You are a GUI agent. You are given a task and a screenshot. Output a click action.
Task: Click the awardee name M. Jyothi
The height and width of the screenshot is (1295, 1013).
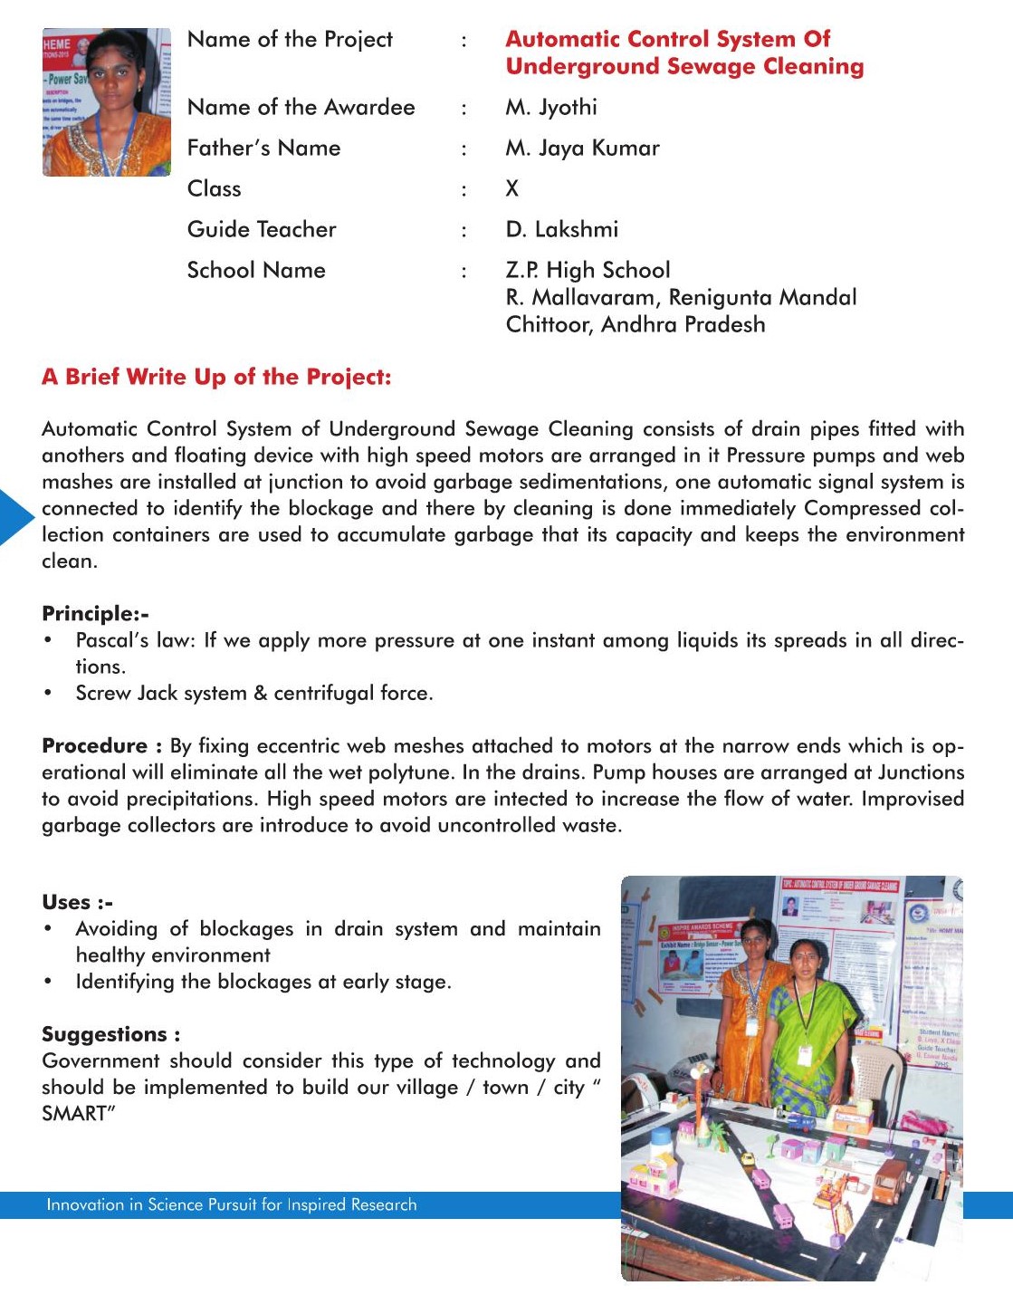click(551, 108)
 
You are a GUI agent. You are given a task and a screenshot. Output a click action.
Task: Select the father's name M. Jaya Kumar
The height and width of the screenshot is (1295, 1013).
click(582, 149)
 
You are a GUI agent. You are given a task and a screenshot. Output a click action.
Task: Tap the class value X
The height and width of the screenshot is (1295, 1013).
click(512, 189)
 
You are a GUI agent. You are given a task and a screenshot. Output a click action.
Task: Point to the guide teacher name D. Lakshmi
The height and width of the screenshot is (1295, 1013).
click(561, 230)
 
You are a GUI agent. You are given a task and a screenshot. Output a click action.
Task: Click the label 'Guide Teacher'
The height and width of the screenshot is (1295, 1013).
click(262, 230)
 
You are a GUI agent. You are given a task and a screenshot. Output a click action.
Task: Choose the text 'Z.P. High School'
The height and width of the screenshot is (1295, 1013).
click(588, 271)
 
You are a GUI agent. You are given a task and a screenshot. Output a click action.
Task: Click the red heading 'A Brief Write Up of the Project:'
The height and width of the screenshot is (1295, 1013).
click(216, 378)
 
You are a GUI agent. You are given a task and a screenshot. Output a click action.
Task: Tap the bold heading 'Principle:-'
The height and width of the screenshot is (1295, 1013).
click(95, 614)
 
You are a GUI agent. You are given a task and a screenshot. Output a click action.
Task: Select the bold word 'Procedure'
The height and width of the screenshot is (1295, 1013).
click(94, 746)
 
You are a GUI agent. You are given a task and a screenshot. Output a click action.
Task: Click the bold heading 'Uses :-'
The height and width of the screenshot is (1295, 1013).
click(77, 903)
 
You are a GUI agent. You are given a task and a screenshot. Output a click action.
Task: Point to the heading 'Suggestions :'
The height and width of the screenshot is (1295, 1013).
click(110, 1035)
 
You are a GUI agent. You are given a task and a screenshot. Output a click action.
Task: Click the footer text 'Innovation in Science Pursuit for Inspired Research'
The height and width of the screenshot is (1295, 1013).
click(232, 1205)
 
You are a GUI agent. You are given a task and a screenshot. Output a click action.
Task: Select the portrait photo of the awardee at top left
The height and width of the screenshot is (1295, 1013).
click(106, 102)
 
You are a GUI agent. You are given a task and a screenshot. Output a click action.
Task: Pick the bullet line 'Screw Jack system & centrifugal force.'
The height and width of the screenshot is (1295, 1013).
click(254, 694)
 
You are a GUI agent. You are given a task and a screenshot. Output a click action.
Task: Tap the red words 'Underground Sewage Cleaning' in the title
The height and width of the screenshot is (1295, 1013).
click(684, 67)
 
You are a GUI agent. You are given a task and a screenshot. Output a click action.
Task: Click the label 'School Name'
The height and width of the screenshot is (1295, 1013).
click(256, 271)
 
